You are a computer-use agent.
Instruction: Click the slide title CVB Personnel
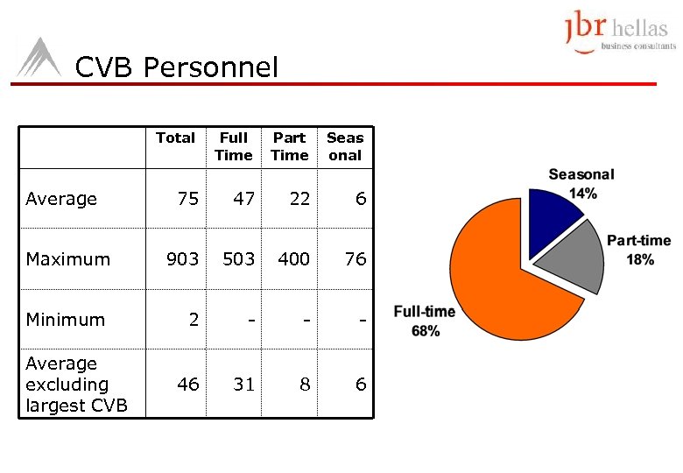coord(176,67)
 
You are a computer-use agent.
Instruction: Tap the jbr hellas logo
coord(618,34)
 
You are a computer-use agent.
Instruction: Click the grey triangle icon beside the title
coord(39,59)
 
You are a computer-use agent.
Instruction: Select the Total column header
coord(175,138)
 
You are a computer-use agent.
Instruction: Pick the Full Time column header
coord(233,146)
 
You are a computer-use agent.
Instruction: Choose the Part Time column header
coord(289,146)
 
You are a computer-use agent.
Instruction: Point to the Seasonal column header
coord(344,146)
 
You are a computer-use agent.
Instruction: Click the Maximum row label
coord(68,259)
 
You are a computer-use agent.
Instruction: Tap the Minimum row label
coord(66,320)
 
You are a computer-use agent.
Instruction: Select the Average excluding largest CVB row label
coord(75,385)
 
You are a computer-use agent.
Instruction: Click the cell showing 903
coord(183,259)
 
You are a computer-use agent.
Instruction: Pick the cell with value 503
coord(238,259)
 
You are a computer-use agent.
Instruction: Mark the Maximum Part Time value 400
coord(294,259)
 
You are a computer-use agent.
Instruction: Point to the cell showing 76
coord(355,259)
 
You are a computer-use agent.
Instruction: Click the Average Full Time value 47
coord(243,199)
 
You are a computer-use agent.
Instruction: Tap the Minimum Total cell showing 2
coord(193,320)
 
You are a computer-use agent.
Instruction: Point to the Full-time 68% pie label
coord(425,321)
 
